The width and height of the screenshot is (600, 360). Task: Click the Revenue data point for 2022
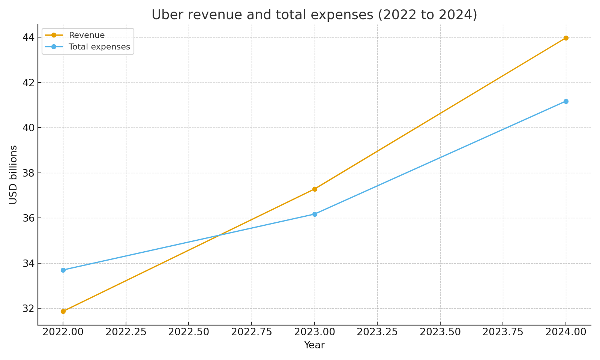(63, 311)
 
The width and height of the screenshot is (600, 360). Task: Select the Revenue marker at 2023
(315, 189)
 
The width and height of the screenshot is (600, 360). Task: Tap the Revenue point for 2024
(566, 38)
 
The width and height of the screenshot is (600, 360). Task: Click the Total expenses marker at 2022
(63, 270)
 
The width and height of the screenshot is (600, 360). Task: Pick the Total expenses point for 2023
(315, 214)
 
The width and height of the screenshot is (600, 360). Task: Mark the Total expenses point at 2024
(566, 101)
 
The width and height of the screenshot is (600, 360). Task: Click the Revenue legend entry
(87, 35)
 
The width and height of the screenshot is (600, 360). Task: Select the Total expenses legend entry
(99, 47)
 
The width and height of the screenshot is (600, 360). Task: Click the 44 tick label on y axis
(28, 37)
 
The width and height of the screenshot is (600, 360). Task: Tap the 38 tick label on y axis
(28, 173)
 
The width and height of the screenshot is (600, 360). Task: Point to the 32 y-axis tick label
(28, 309)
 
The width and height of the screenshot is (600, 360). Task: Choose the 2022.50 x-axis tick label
(189, 333)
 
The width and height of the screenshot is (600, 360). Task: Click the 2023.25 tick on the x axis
(377, 333)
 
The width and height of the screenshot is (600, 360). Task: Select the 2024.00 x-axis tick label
(566, 333)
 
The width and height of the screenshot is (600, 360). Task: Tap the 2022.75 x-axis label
(251, 333)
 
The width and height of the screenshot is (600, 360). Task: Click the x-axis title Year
(314, 345)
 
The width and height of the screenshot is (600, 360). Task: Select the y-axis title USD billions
(13, 174)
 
